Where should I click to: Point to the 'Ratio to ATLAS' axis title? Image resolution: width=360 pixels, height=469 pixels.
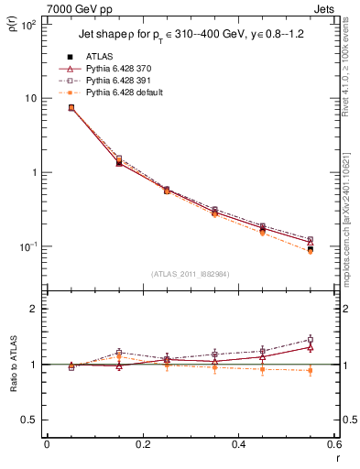click(x=12, y=364)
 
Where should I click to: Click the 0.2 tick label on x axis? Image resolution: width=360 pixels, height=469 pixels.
click(x=142, y=445)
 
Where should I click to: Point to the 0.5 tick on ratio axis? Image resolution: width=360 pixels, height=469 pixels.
click(x=30, y=420)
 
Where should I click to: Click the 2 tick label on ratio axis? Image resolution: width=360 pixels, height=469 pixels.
click(x=34, y=309)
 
